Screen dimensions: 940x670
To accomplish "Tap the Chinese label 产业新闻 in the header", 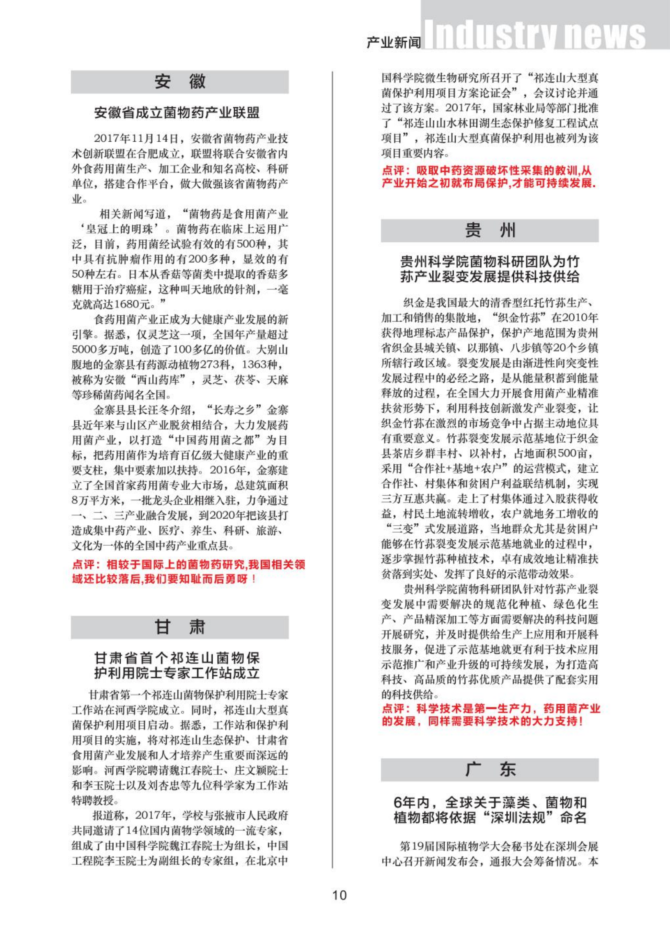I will [394, 42].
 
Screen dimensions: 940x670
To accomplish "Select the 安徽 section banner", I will [179, 82].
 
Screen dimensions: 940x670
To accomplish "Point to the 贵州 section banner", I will [489, 230].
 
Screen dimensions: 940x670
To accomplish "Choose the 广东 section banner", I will [489, 770].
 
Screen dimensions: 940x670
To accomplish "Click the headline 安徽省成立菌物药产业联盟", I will [177, 113].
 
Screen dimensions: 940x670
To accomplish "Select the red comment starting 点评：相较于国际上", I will [188, 572].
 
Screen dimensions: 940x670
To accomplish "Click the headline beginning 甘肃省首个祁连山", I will [177, 665].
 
